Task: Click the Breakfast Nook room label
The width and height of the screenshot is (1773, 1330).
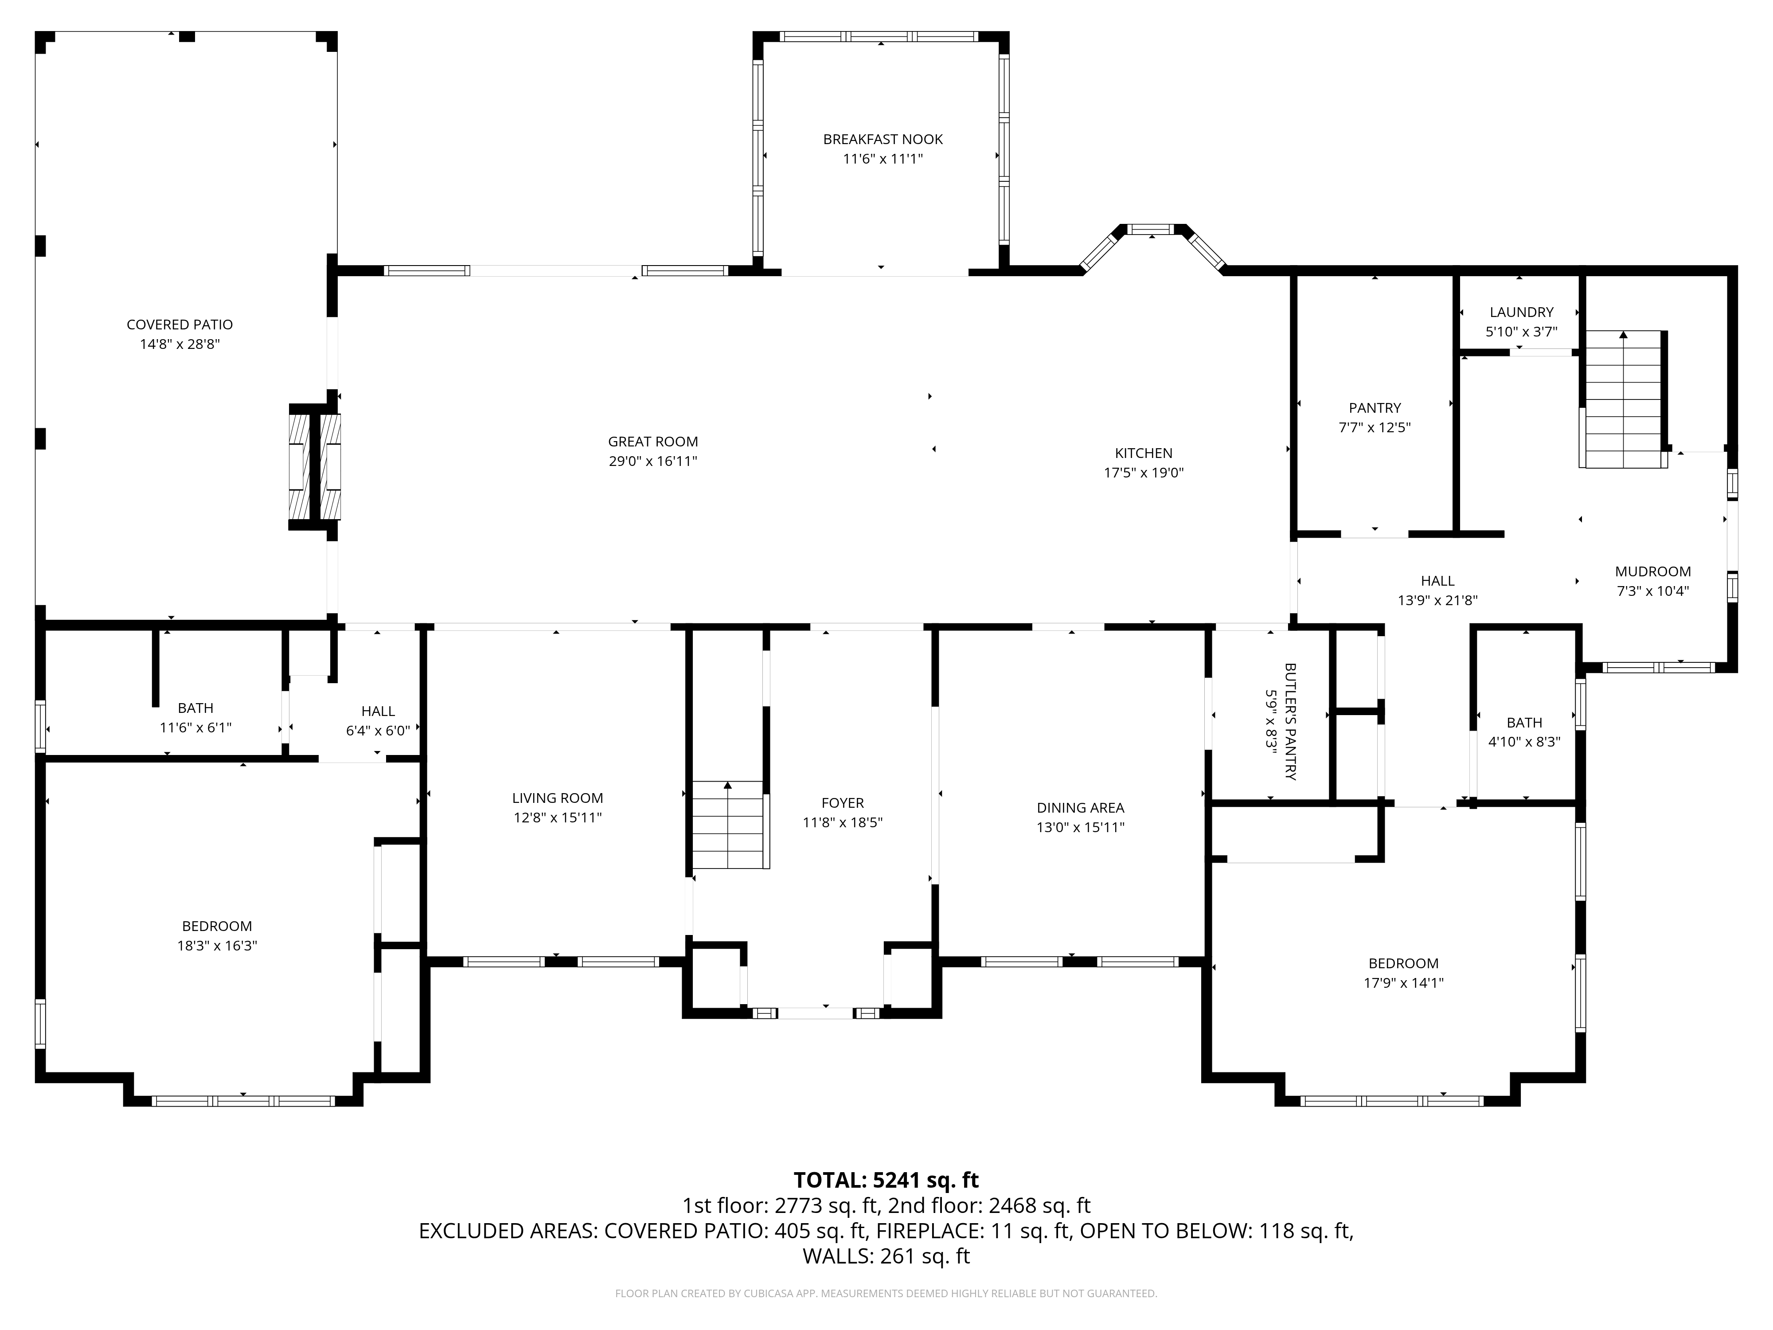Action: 883,140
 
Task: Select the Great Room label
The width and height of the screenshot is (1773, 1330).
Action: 652,442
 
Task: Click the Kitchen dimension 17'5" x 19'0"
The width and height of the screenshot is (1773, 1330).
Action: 1144,473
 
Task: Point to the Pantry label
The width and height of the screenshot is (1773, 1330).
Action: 1375,408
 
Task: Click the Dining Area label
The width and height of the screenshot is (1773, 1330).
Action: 1081,808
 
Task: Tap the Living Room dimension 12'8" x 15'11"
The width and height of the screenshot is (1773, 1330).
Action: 558,818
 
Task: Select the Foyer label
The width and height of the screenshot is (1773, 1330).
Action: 843,803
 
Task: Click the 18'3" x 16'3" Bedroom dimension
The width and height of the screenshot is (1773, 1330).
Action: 217,946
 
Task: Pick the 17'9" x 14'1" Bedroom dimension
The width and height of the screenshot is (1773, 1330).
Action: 1403,983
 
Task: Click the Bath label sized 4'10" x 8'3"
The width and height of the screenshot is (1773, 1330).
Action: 1524,723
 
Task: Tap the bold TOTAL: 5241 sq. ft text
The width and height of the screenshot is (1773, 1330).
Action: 886,1180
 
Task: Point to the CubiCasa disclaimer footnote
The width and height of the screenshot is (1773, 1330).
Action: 886,1293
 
